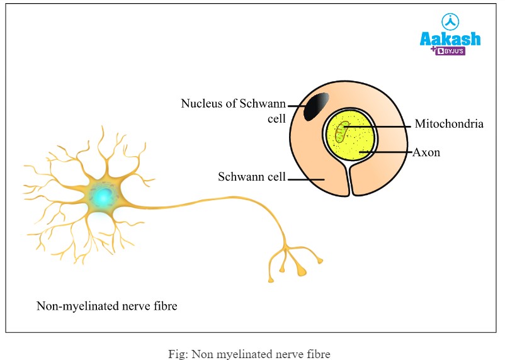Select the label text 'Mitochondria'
(x=449, y=124)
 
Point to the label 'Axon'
(x=426, y=152)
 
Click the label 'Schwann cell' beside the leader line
(x=252, y=177)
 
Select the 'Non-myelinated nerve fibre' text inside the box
(x=107, y=307)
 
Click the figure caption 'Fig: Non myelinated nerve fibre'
(x=249, y=353)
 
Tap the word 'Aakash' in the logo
(x=450, y=38)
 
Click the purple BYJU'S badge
(x=451, y=51)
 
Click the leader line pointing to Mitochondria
(x=384, y=126)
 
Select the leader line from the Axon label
(x=387, y=152)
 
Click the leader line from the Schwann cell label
(x=306, y=179)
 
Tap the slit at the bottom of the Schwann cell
(x=349, y=183)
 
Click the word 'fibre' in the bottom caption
(x=317, y=353)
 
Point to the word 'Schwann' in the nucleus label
(x=263, y=103)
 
